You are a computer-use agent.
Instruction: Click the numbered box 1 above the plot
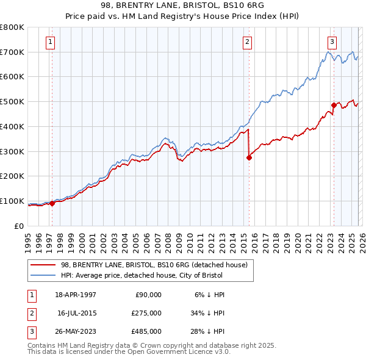[49, 42]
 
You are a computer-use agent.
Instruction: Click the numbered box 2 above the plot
[247, 42]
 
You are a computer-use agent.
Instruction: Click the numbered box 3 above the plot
[332, 42]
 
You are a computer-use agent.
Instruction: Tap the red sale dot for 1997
[52, 204]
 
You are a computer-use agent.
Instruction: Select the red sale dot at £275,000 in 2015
[249, 157]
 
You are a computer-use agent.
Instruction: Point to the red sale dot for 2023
[334, 105]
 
